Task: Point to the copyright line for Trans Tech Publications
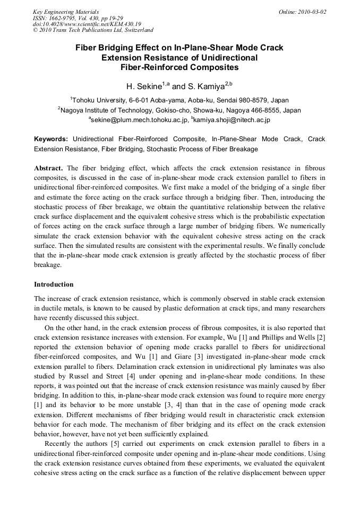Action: pyautogui.click(x=93, y=30)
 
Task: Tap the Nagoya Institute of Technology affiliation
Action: pyautogui.click(x=179, y=110)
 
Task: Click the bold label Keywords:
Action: pyautogui.click(x=51, y=139)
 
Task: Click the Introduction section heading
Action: pyautogui.click(x=54, y=284)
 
